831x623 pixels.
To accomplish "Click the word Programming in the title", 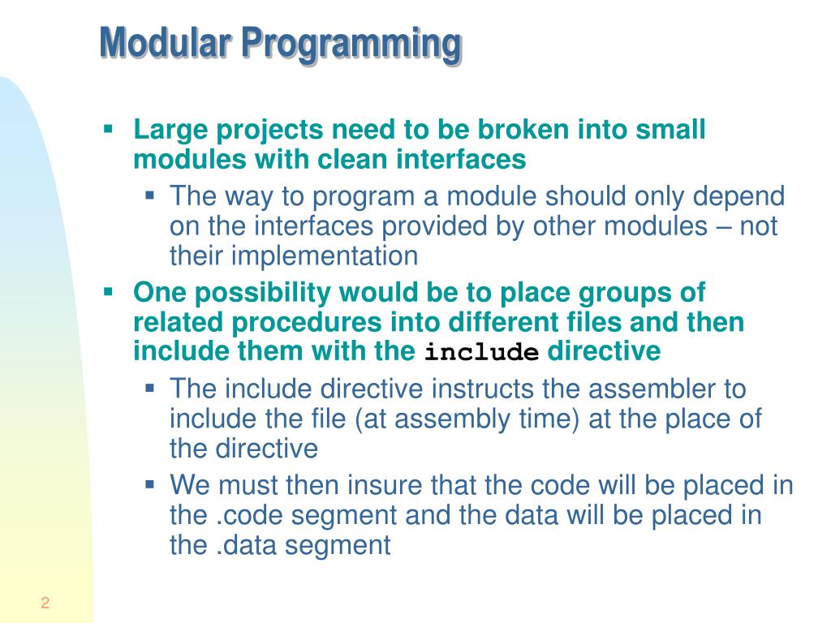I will tap(351, 45).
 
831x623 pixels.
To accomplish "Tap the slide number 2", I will tap(45, 603).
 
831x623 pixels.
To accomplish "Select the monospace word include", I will tap(482, 354).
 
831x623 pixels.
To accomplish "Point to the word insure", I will tap(385, 485).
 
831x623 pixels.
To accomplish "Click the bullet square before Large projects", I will tap(109, 128).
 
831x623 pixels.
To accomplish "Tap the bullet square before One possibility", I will tap(109, 290).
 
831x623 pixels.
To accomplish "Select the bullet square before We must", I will tap(150, 484).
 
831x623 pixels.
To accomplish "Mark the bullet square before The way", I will tap(150, 195).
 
